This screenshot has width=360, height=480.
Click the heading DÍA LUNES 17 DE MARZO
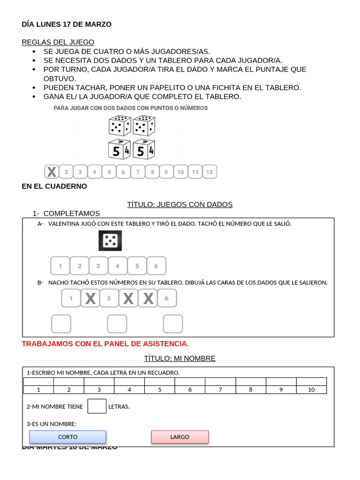click(67, 24)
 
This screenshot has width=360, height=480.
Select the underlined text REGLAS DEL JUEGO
click(58, 42)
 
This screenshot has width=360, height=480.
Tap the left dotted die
click(120, 126)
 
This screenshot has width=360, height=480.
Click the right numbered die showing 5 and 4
click(143, 150)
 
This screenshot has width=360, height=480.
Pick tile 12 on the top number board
click(210, 172)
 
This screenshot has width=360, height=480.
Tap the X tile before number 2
click(52, 172)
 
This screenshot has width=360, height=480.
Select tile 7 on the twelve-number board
click(138, 172)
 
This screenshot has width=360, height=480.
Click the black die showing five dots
click(110, 241)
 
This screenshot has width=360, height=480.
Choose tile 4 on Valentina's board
click(118, 266)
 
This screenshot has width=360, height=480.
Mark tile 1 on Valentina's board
click(60, 266)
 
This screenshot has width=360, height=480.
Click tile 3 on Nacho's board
click(109, 298)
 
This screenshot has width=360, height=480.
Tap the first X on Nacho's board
click(90, 298)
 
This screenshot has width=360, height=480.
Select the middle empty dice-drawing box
click(117, 324)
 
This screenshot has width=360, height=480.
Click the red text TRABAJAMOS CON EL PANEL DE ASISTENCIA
click(105, 344)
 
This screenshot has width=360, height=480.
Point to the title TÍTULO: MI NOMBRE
click(180, 359)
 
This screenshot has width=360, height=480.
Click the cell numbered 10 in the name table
click(311, 390)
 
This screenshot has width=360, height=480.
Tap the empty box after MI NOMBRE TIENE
click(97, 406)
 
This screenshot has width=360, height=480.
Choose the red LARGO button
click(180, 437)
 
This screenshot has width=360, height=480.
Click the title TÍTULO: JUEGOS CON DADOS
click(180, 204)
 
